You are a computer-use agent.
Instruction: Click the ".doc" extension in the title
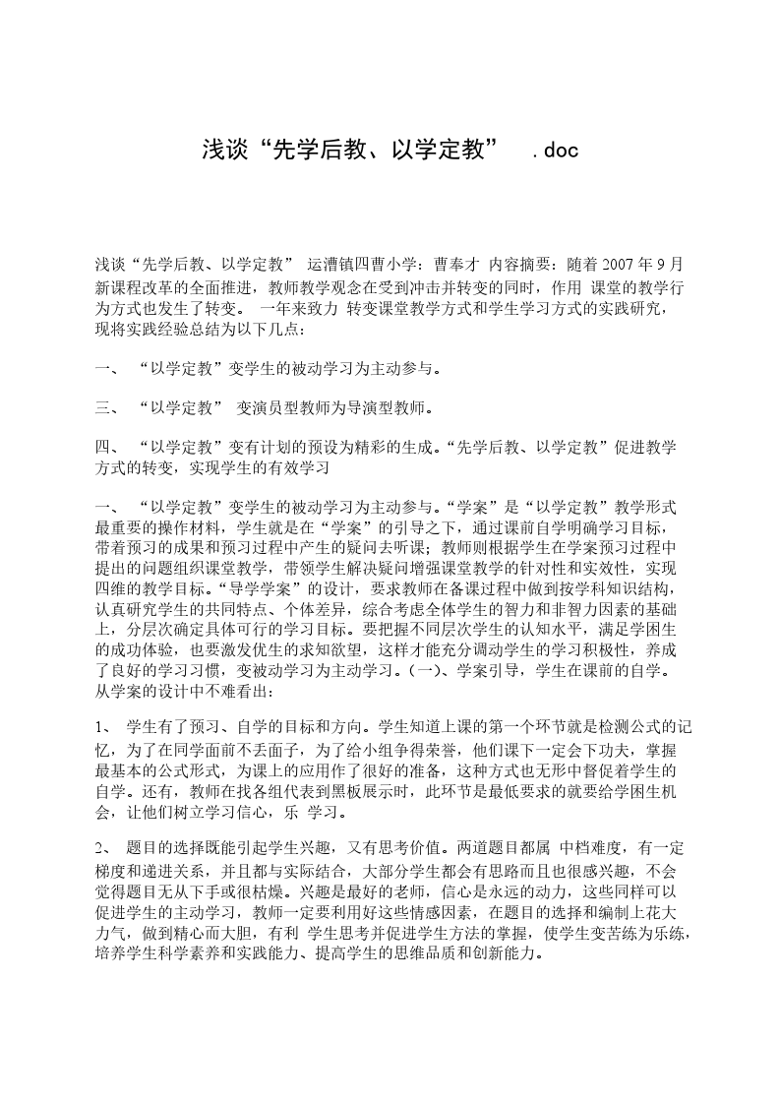[x=554, y=150]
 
